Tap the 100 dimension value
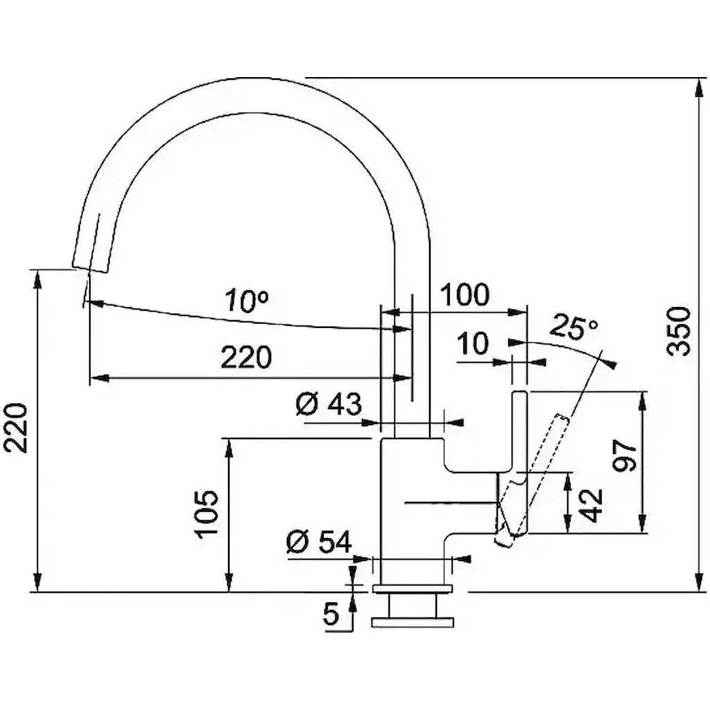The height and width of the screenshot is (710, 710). click(465, 295)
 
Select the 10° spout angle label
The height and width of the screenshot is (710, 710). click(248, 300)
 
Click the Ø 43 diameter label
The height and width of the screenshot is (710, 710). click(329, 404)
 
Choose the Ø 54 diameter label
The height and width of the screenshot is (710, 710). click(319, 542)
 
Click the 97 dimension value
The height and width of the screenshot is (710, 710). click(625, 456)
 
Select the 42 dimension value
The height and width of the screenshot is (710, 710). click(591, 505)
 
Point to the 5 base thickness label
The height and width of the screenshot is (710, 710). click(331, 614)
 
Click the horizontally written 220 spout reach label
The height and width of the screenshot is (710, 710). click(246, 357)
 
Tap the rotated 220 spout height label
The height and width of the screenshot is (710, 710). click(17, 427)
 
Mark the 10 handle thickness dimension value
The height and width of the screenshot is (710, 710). click(473, 344)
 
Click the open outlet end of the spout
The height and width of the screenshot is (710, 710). click(91, 269)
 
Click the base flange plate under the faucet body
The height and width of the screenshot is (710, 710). click(412, 588)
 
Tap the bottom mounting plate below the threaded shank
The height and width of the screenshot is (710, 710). click(412, 623)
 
